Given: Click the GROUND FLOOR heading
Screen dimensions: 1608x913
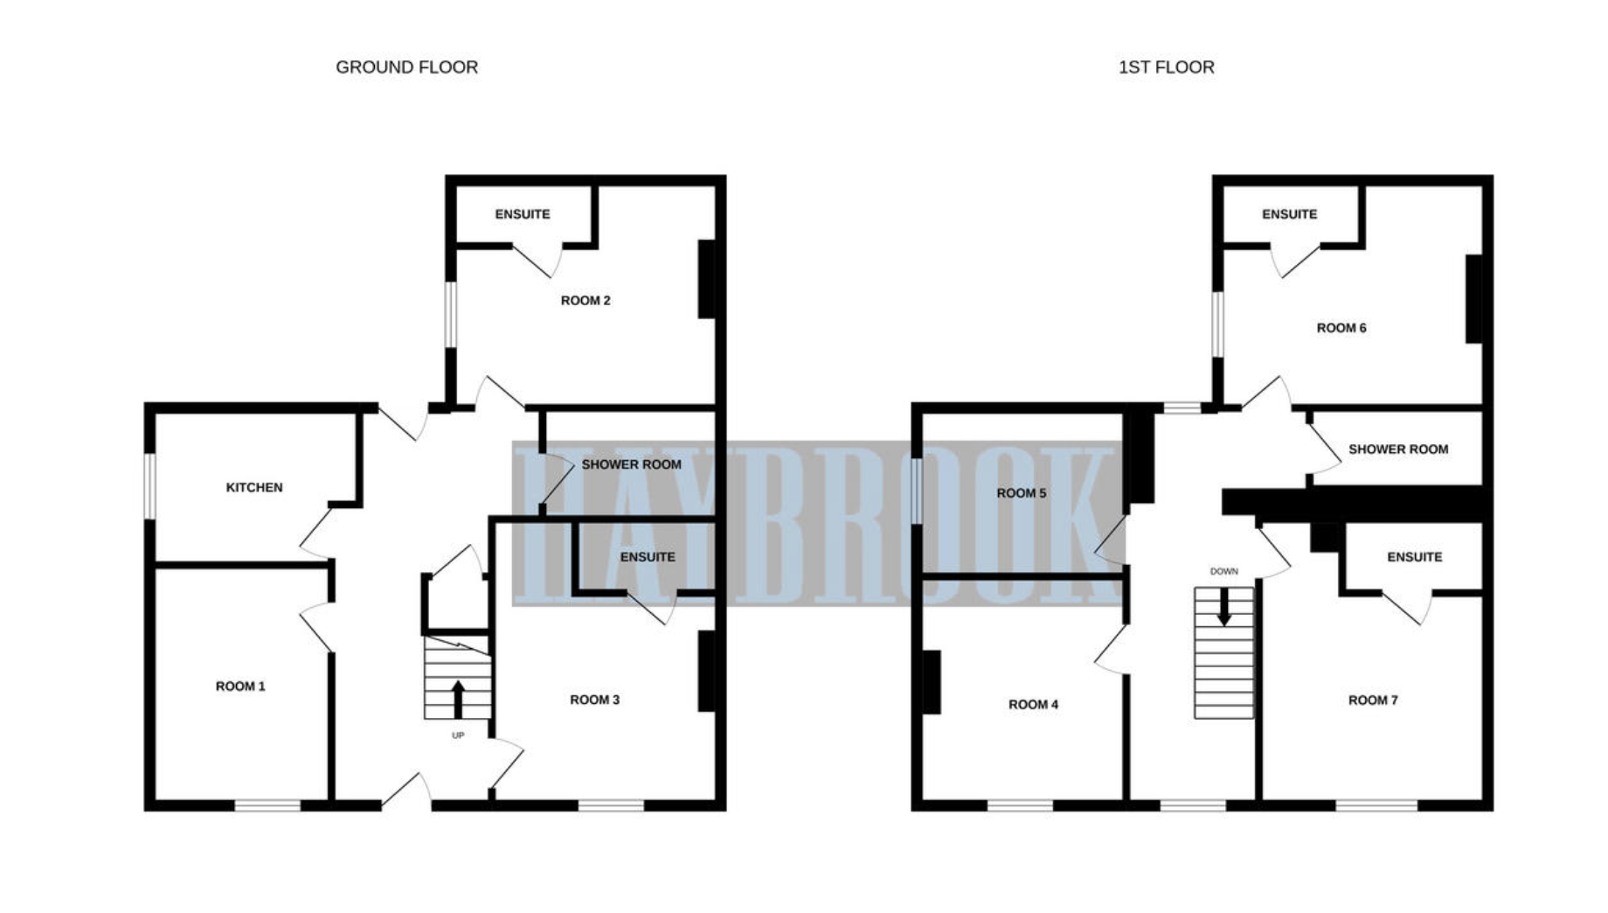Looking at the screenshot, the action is click(x=406, y=67).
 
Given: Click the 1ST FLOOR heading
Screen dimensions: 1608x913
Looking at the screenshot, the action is click(x=1166, y=67).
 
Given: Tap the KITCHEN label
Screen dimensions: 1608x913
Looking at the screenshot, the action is click(x=254, y=487).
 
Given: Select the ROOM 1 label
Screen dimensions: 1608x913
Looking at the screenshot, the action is click(x=240, y=686).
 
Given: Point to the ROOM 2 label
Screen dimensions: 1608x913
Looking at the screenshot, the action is click(x=586, y=301).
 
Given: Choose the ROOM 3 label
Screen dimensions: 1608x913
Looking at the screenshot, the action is click(x=594, y=700).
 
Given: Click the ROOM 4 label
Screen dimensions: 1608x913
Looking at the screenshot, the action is click(x=1033, y=705).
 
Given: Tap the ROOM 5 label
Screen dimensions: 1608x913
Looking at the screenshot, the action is click(x=1021, y=493).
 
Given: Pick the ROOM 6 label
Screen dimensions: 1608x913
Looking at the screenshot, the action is click(x=1341, y=328).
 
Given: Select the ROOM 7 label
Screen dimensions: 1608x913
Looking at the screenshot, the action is click(x=1373, y=700).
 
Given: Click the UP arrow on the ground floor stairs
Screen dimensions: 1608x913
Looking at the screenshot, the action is click(x=458, y=699).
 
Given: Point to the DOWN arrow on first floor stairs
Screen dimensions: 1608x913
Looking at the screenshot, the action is click(x=1224, y=606).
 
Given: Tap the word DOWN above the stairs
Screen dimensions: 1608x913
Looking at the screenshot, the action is click(x=1223, y=571).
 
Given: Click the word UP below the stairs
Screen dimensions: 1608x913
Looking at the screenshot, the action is click(x=458, y=735).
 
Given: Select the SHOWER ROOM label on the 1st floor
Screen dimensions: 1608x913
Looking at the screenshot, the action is click(x=1398, y=450).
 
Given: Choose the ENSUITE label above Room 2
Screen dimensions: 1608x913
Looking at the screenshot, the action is click(x=523, y=214).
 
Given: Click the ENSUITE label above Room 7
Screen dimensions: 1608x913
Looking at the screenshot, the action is click(x=1414, y=557).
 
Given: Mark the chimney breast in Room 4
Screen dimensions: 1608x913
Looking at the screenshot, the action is click(x=932, y=682).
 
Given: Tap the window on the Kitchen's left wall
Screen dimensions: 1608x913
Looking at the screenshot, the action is click(x=149, y=486).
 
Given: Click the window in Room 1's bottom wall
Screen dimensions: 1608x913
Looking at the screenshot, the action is click(x=267, y=805).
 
